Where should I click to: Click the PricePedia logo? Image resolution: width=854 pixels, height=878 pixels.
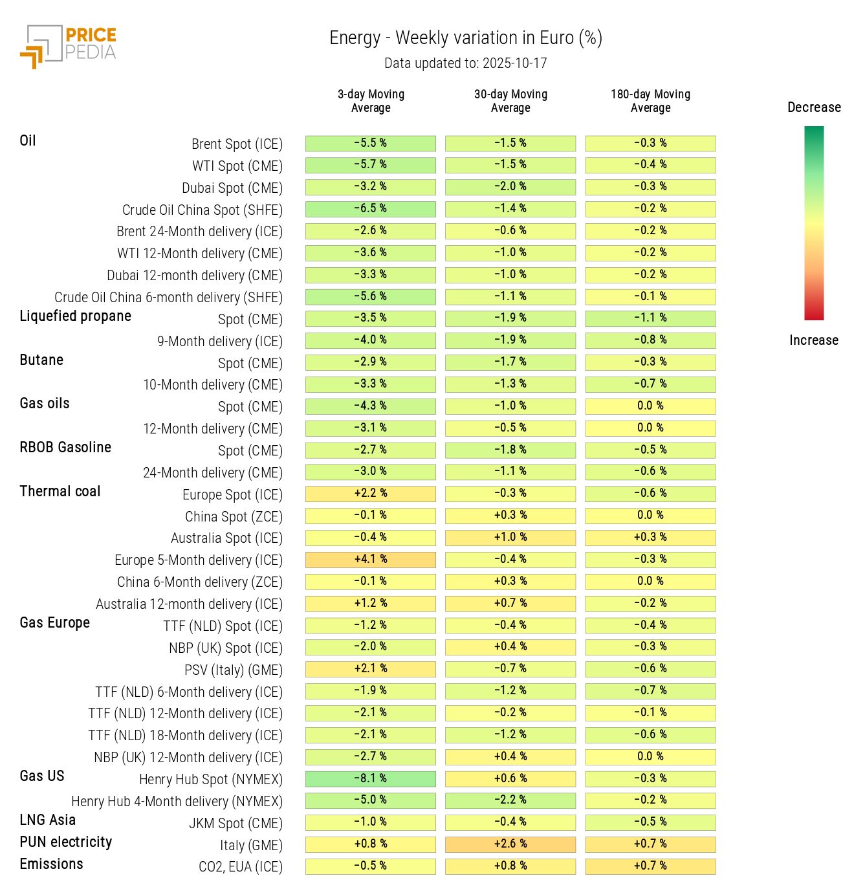pos(68,46)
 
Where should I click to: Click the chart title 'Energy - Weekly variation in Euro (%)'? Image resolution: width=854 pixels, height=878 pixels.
pos(466,38)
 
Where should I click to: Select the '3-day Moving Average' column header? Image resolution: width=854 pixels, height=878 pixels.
pos(371,101)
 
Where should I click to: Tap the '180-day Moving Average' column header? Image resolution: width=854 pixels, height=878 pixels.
pos(650,101)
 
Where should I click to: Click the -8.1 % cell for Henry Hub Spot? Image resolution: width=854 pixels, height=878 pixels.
pos(371,778)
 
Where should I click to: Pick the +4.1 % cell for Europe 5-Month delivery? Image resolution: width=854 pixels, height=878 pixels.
pos(371,559)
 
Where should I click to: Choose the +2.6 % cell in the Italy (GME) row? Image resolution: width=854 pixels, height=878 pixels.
pos(510,844)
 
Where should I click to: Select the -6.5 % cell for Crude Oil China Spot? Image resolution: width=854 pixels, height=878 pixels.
pos(371,208)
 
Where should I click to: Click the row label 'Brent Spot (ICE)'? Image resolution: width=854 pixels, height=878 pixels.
pos(237,144)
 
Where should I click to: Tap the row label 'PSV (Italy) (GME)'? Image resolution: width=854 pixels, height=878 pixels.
pos(234,670)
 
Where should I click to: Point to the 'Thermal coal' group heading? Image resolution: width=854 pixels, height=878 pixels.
pos(60,491)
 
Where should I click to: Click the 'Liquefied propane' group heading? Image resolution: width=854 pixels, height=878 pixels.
pos(75,316)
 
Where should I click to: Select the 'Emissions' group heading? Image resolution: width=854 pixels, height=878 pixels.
pos(51,864)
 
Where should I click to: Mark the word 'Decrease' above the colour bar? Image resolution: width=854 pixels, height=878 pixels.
pos(814,107)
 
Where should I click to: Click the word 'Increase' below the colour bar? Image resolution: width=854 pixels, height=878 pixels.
pos(814,340)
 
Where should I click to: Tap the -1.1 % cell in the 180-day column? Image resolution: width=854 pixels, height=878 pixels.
pos(650,318)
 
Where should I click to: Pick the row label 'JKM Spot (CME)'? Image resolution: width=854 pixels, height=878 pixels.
pos(235,823)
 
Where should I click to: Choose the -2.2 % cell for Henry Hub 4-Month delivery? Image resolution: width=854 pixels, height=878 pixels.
pos(510,800)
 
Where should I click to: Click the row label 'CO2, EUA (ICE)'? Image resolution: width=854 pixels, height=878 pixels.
pos(240,866)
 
